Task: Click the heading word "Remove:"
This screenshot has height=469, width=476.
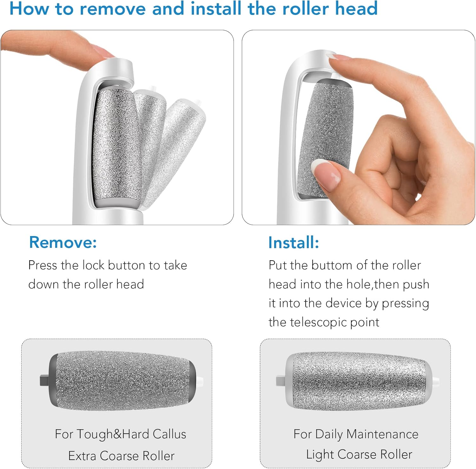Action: pos(63,242)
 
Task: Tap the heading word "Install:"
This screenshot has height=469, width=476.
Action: pos(294,242)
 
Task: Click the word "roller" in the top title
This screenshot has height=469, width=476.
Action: pos(306,9)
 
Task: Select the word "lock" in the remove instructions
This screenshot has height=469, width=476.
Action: pos(93,265)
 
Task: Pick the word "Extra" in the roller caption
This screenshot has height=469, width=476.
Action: pos(82,456)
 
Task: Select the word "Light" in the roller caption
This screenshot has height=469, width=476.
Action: pos(320,455)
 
